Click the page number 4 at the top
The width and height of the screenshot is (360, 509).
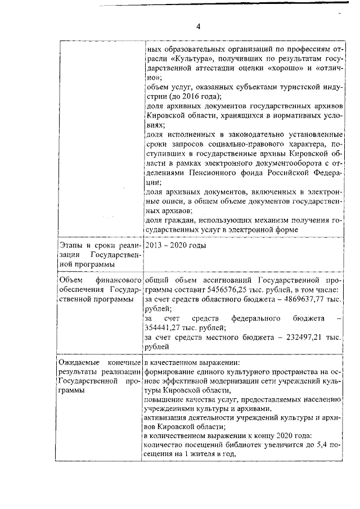198,25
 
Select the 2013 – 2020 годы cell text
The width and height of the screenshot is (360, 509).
175,245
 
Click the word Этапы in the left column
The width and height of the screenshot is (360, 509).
71,245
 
